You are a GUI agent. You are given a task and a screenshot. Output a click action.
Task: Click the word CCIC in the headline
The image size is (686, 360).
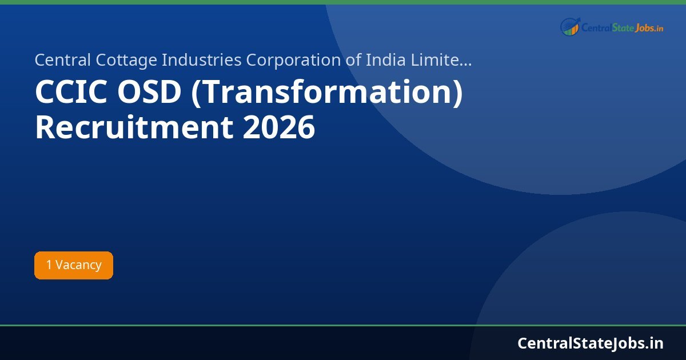(x=70, y=93)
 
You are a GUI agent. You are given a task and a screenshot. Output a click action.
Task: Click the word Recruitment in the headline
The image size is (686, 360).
(x=134, y=128)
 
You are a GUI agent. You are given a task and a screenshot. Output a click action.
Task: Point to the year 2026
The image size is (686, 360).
(x=278, y=128)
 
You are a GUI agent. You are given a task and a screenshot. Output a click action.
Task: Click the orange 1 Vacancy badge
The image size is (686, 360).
(x=74, y=265)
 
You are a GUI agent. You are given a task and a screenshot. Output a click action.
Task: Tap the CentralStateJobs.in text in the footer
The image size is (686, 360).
(x=591, y=343)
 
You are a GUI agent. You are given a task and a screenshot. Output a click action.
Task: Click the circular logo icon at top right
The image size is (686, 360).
(x=570, y=26)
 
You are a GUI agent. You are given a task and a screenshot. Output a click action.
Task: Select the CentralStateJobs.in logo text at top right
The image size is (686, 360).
(x=622, y=27)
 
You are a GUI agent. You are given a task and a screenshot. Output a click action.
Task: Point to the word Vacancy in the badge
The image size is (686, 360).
(x=78, y=265)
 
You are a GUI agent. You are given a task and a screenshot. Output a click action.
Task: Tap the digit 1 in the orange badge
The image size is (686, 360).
(x=49, y=265)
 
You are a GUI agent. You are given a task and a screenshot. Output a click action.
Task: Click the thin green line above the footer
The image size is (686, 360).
(x=343, y=325)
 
